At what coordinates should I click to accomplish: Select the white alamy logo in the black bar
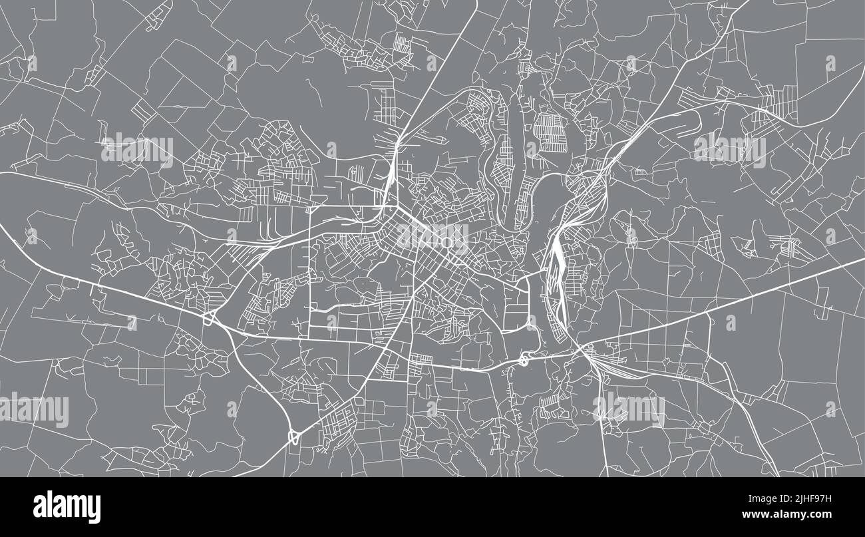point(67,507)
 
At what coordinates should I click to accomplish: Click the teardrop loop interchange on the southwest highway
point(293,437)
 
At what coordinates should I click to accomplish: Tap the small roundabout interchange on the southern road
point(524,361)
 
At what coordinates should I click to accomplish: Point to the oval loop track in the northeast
point(699,120)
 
